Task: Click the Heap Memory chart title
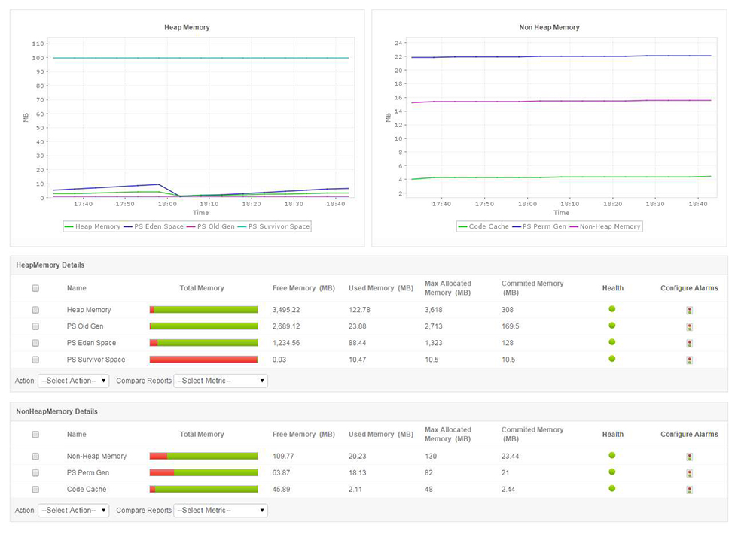187,27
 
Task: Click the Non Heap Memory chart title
549,27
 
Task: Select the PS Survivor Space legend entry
279,226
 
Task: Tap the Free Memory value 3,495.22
286,310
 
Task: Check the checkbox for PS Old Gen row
35,326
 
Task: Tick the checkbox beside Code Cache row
35,490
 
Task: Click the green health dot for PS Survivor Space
612,359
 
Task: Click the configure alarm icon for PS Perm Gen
689,473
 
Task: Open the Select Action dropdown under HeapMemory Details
73,381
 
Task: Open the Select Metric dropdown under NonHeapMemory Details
220,511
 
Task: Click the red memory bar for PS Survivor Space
203,360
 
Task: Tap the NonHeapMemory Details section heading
56,412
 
